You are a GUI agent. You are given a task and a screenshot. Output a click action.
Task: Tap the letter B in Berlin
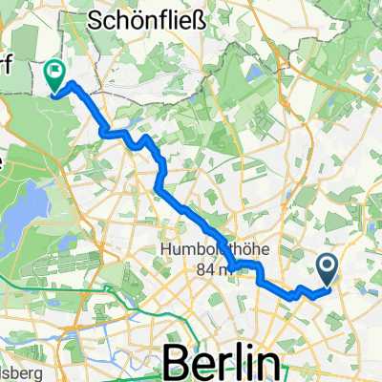pos(179,363)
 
